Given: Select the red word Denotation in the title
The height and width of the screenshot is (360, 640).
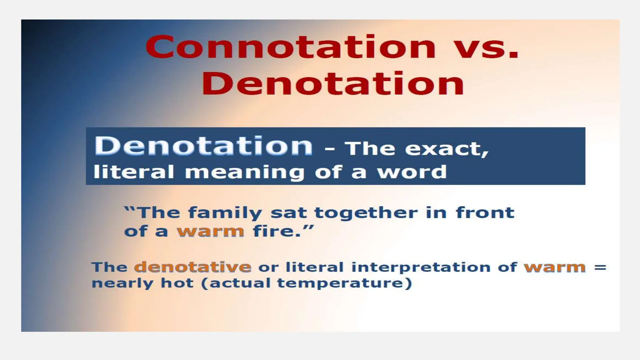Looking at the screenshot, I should pyautogui.click(x=333, y=83).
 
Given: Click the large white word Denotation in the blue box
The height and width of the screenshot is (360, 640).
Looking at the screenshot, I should pyautogui.click(x=203, y=146).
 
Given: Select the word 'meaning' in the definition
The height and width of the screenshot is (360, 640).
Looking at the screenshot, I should pyautogui.click(x=244, y=172).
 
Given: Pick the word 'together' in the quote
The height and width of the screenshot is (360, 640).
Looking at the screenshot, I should pyautogui.click(x=366, y=213).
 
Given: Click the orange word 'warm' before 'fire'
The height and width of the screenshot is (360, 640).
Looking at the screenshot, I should pyautogui.click(x=210, y=232).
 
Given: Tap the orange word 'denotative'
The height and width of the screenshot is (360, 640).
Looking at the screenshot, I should pyautogui.click(x=193, y=267).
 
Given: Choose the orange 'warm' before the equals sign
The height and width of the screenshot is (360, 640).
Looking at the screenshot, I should pyautogui.click(x=555, y=267).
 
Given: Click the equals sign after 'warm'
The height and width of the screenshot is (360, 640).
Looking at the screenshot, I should pyautogui.click(x=600, y=267).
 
